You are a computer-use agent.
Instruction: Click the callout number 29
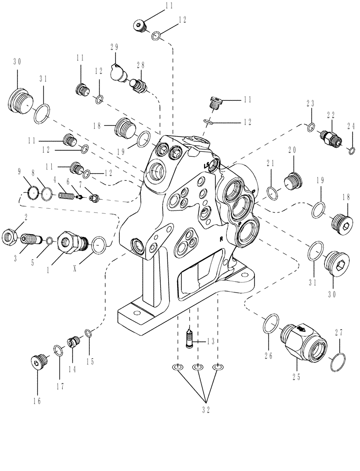pyautogui.click(x=114, y=48)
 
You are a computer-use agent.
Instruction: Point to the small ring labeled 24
pyautogui.click(x=351, y=151)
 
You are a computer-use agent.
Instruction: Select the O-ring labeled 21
pyautogui.click(x=272, y=192)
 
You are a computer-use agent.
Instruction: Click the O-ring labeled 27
pyautogui.click(x=339, y=363)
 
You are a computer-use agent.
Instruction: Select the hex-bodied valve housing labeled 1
pyautogui.click(x=69, y=241)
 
